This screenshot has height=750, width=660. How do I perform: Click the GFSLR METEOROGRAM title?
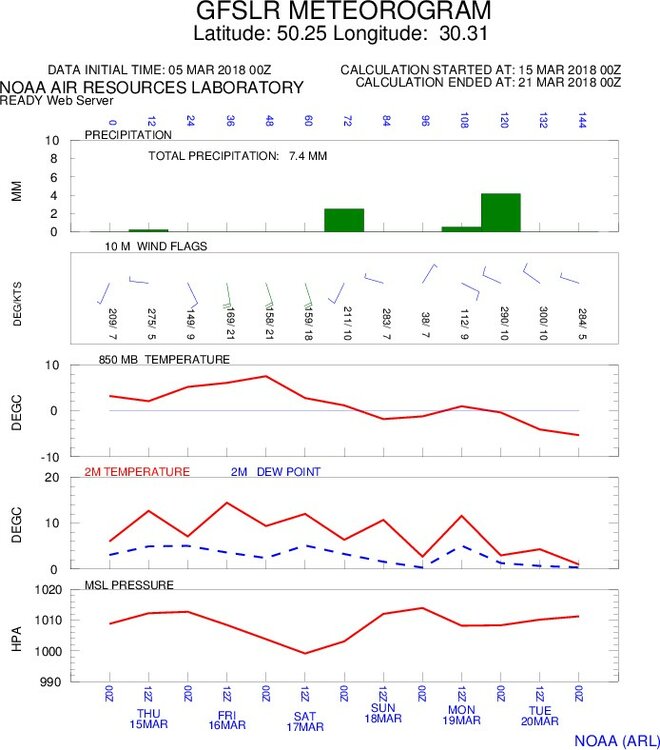pyautogui.click(x=330, y=12)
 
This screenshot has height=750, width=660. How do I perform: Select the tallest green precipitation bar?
pyautogui.click(x=500, y=212)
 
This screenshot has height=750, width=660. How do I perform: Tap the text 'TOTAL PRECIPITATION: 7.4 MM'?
pyautogui.click(x=238, y=156)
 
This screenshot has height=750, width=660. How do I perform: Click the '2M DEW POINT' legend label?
pyautogui.click(x=275, y=470)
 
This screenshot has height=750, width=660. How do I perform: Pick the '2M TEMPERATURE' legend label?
pyautogui.click(x=137, y=470)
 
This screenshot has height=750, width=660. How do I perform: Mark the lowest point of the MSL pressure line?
pyautogui.click(x=306, y=653)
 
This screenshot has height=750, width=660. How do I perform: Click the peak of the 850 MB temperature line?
pyautogui.click(x=266, y=376)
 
